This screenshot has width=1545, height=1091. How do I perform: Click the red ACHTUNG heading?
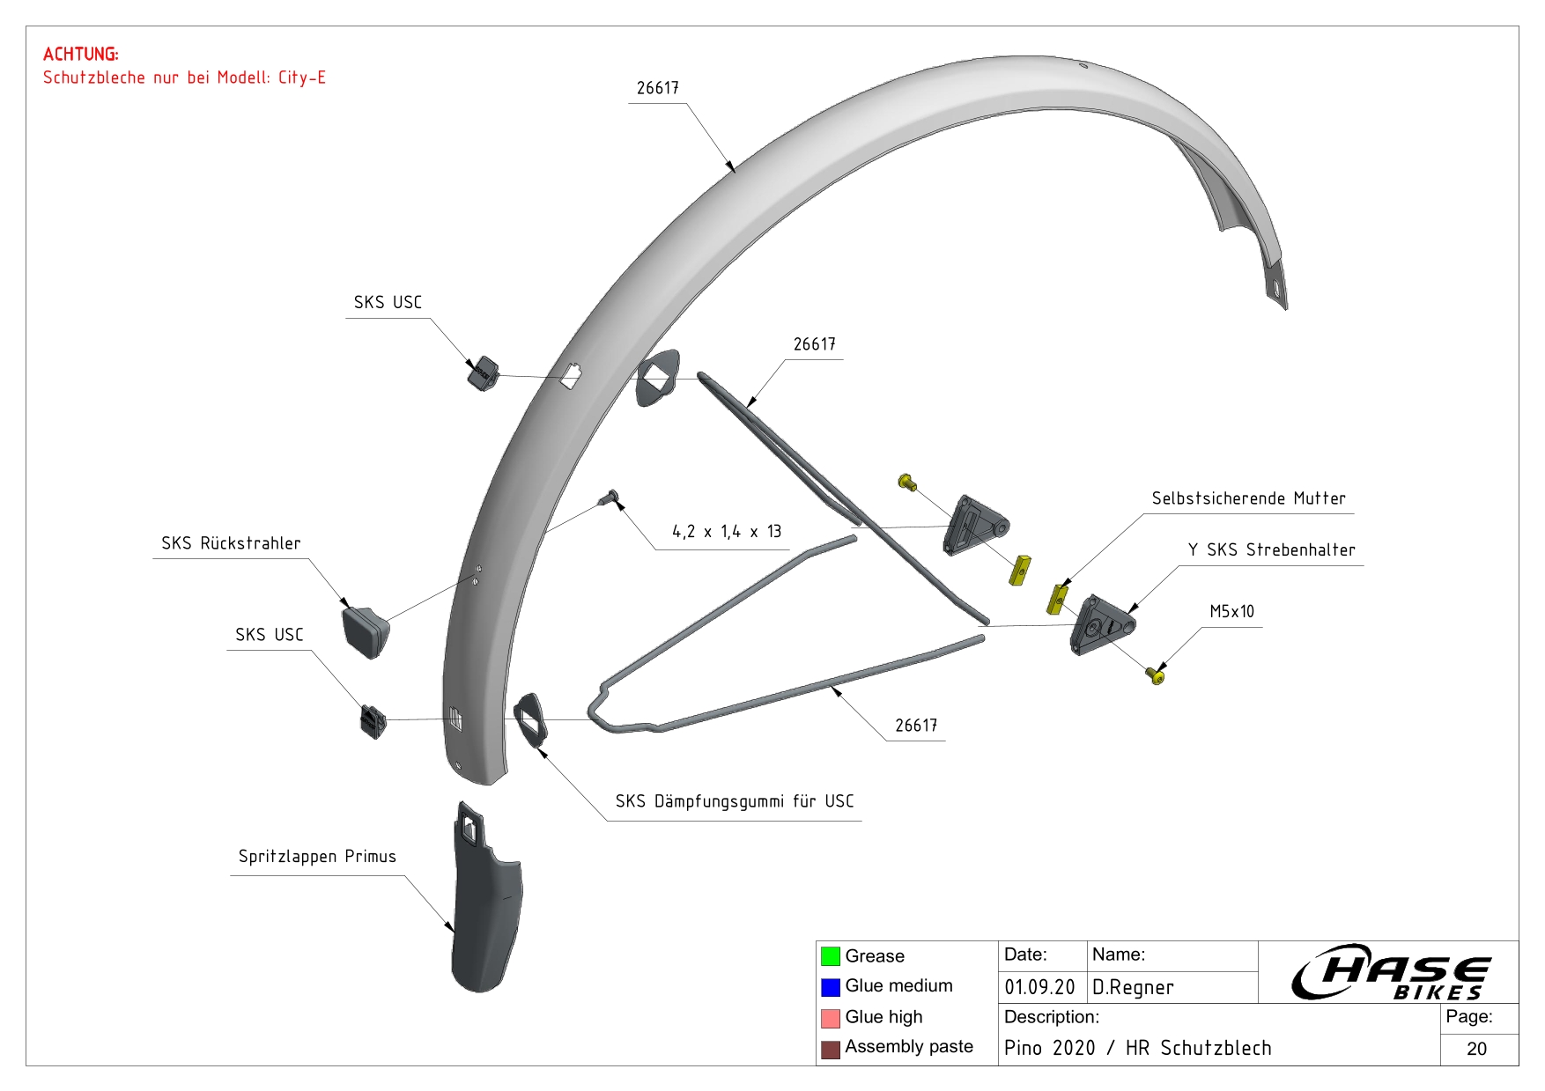pos(80,55)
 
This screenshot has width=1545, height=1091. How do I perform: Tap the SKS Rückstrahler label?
pos(231,543)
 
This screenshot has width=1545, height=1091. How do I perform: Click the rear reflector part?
pos(366,629)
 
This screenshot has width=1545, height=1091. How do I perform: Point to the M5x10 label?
pos(1231,612)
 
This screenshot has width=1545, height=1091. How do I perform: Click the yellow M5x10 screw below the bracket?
pos(1155,675)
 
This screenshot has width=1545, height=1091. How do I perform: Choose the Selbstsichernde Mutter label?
pos(1248,499)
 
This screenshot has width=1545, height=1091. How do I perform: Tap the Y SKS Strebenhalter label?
pos(1271,550)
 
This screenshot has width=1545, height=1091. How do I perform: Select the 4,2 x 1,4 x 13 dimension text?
pos(727,532)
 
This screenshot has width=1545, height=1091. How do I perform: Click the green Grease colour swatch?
pos(830,956)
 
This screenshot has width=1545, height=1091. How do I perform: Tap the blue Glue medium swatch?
pos(830,987)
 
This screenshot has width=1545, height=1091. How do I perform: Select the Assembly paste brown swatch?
pos(830,1049)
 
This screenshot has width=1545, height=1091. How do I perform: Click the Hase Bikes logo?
pos(1390,972)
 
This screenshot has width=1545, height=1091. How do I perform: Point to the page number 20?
pos(1476,1049)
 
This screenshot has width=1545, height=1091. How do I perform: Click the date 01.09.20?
pos(1039,987)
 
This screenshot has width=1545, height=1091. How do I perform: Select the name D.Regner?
pos(1133,987)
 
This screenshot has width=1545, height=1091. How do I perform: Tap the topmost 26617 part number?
pos(657,88)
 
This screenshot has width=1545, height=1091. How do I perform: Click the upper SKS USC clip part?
pos(482,373)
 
